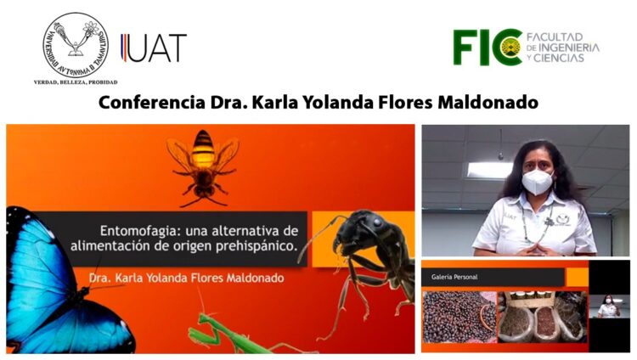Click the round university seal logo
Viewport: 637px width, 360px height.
[x=76, y=43]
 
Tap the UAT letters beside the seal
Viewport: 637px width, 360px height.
[x=154, y=48]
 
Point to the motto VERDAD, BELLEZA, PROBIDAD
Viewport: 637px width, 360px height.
[x=76, y=82]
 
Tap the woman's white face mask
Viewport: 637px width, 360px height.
[x=537, y=181]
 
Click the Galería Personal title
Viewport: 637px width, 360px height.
[x=456, y=276]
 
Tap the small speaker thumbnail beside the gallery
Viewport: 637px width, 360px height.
[x=610, y=307]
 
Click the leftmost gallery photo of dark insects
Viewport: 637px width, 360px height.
[x=459, y=316]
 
